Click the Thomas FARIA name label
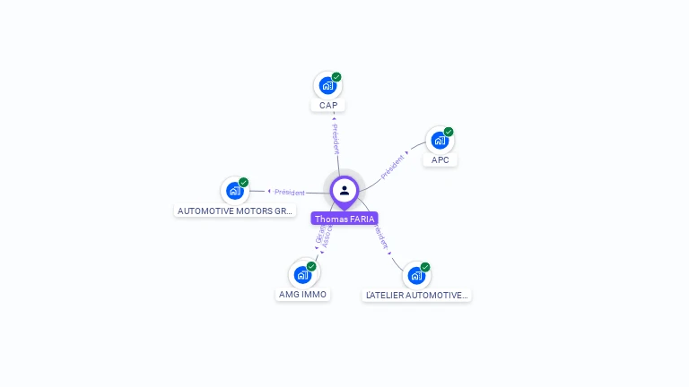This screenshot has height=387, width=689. click(x=344, y=219)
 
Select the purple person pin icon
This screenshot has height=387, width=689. click(x=344, y=191)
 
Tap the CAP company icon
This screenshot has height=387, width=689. click(x=327, y=86)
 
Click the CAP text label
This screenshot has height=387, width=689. click(x=328, y=106)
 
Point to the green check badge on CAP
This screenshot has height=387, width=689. click(x=336, y=77)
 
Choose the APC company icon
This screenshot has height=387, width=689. click(x=440, y=141)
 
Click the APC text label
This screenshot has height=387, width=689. click(x=440, y=160)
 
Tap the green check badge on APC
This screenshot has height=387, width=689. click(x=449, y=132)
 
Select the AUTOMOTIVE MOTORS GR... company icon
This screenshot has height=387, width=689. click(x=234, y=191)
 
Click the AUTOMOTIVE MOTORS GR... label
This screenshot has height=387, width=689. click(x=235, y=211)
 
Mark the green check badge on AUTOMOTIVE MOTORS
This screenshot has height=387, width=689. click(x=243, y=182)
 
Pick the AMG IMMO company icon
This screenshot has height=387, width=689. click(x=302, y=275)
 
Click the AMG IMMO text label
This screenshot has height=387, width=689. click(x=303, y=295)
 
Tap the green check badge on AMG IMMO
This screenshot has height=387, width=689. click(x=311, y=266)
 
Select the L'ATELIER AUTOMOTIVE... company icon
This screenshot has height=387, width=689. click(x=416, y=276)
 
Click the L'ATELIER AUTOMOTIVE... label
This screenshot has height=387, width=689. click(x=417, y=295)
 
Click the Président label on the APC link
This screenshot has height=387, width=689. click(x=393, y=167)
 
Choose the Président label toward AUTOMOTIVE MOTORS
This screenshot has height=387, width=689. click(x=290, y=192)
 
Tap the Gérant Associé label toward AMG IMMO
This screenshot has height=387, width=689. click(x=324, y=236)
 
